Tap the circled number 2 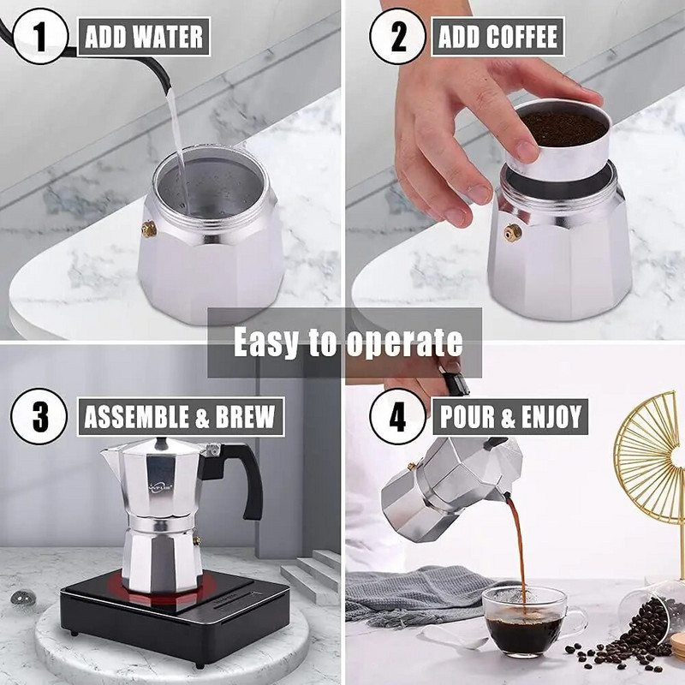tap(397, 37)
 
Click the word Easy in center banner tap(266, 342)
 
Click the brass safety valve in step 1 tap(149, 229)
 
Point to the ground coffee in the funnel tap(564, 128)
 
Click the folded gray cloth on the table tap(411, 590)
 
